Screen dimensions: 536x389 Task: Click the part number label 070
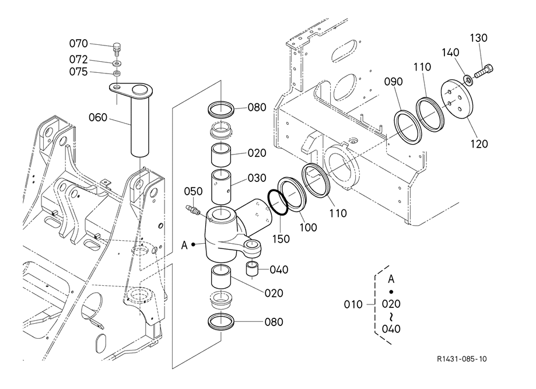tap(78, 44)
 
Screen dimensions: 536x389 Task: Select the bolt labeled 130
tap(484, 71)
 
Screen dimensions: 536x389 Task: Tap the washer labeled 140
tap(468, 80)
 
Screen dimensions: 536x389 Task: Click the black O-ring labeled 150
tap(278, 202)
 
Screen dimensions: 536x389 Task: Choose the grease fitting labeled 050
tap(193, 209)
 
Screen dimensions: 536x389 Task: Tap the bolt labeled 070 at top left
tap(117, 48)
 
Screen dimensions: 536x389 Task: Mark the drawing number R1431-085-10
tap(461, 359)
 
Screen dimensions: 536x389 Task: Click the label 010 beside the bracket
tap(353, 304)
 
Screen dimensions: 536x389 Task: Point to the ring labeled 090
tap(408, 127)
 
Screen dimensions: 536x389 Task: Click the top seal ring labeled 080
tap(221, 109)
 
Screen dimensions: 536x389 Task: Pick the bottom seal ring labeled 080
tap(221, 322)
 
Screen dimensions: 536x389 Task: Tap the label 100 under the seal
tap(308, 227)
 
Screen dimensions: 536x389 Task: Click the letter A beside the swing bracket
tap(184, 245)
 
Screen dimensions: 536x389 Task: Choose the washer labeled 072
tap(117, 64)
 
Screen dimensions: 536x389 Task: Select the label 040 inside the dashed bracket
tap(391, 329)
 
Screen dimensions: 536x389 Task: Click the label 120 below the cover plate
tap(479, 144)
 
